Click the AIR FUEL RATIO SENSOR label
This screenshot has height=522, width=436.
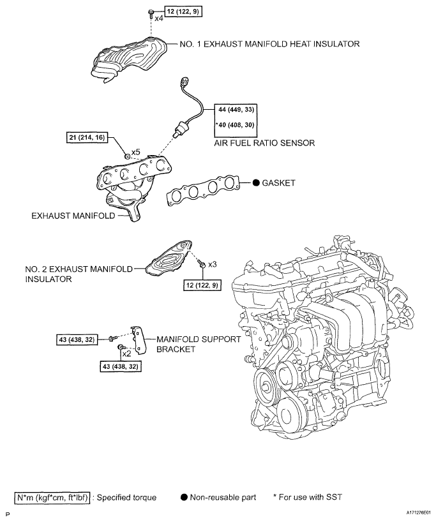[x=264, y=144]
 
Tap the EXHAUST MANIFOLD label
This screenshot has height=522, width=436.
[x=73, y=216]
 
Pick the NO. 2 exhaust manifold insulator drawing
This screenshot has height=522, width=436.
[x=169, y=259]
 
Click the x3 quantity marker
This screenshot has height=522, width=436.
[x=213, y=264]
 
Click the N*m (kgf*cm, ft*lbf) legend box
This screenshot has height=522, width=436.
[x=49, y=495]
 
